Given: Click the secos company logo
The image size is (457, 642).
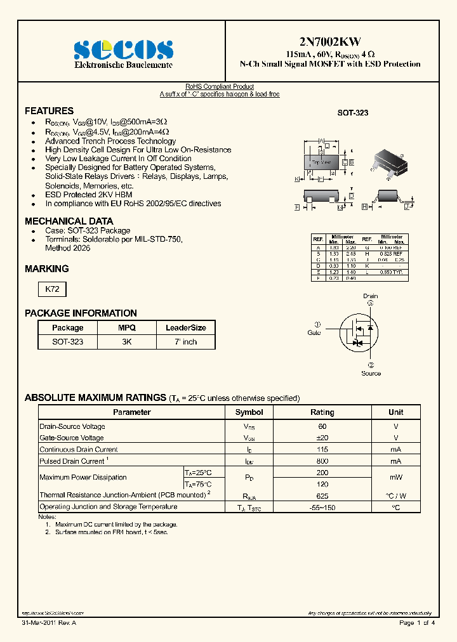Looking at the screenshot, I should point(123,49).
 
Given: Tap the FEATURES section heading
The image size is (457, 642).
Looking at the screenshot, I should point(49,110).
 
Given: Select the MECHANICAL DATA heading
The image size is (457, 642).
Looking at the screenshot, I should point(69,221).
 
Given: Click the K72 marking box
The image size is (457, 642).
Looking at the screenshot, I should point(52,289).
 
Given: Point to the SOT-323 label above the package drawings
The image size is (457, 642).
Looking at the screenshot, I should point(352,112).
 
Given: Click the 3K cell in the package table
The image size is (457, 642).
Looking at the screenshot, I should point(126,341).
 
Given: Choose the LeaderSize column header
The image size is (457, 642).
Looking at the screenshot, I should point(186,328).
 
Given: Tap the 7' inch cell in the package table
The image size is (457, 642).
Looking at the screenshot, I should point(186,341).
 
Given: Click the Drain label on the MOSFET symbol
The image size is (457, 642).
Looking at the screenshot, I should point(370,296).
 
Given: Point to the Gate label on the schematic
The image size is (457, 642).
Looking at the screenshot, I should point(314,332).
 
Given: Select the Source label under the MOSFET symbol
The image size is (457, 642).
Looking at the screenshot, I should point(371,373).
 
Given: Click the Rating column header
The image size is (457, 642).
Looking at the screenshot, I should point(322,412).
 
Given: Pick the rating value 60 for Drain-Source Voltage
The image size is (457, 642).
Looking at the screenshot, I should point(322,426).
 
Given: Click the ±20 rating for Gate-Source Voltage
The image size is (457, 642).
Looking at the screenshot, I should point(322,438).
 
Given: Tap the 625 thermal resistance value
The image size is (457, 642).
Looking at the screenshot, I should point(322,495).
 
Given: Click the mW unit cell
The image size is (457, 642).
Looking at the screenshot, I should point(395,478).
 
